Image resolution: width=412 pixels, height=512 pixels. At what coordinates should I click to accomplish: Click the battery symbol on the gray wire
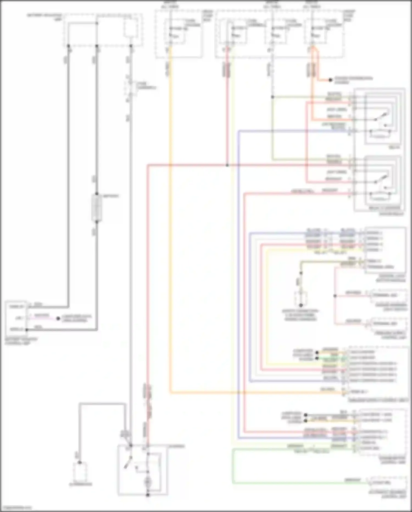point(97,208)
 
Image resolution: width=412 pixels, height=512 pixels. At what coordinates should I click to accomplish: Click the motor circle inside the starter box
point(148,482)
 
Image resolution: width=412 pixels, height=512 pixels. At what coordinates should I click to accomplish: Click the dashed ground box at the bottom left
point(80,472)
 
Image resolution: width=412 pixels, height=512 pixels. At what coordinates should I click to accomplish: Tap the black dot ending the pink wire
point(58,319)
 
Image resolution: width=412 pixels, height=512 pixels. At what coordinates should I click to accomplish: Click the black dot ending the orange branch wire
point(330,80)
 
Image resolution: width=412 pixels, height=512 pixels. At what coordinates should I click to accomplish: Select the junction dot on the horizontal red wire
point(227,165)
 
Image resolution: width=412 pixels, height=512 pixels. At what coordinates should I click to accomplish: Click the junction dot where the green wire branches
point(272,97)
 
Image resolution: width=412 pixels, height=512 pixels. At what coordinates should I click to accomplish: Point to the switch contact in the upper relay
point(382,117)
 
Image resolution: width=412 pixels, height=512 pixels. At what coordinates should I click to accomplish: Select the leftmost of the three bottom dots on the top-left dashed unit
point(68,46)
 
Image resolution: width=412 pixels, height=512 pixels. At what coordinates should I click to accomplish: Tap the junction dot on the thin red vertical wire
point(335,296)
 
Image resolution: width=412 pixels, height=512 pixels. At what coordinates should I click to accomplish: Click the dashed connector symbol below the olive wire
point(301,298)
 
